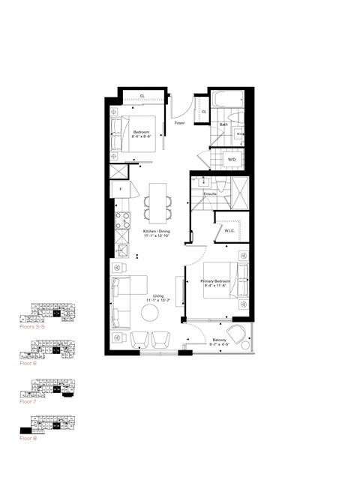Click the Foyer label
click(180, 122)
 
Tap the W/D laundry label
click(231, 158)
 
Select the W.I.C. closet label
click(229, 230)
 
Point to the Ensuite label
click(211, 193)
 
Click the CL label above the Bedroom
click(142, 96)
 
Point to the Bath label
click(224, 124)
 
